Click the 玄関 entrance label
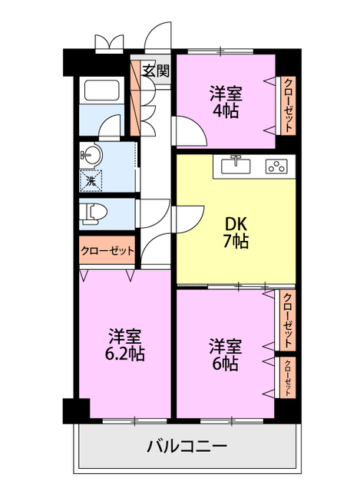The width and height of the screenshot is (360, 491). (x=156, y=73)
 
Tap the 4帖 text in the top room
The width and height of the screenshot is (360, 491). (x=225, y=110)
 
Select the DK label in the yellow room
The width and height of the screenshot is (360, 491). (x=236, y=224)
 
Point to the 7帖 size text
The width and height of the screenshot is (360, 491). (x=236, y=242)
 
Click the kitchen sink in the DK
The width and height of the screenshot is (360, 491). (x=235, y=164)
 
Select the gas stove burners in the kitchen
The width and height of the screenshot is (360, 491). (x=275, y=165)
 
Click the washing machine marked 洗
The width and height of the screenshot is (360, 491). (x=91, y=182)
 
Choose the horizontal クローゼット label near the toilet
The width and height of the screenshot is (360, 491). (x=107, y=251)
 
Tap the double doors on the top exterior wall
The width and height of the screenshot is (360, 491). (x=107, y=42)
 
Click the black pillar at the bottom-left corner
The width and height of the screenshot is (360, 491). (x=71, y=410)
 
